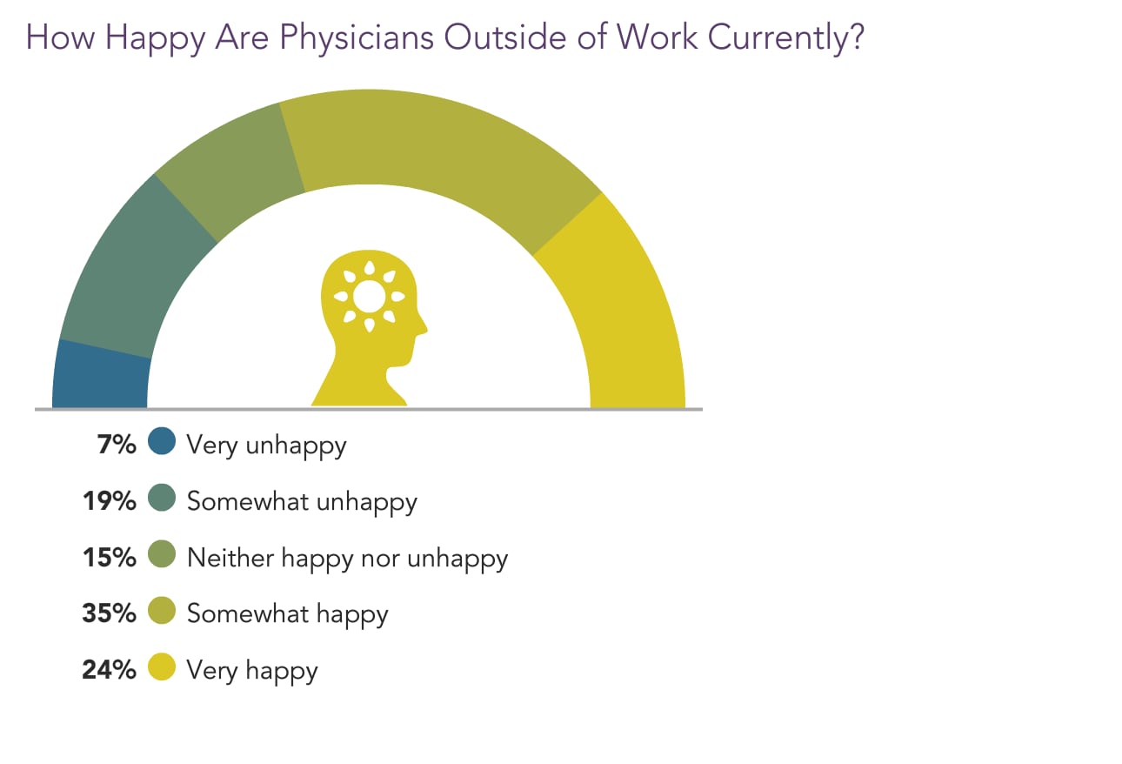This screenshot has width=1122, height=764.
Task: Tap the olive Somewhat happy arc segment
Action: (x=435, y=148)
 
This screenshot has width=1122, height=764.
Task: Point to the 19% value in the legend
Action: (x=109, y=501)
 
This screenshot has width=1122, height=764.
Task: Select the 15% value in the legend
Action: (x=109, y=557)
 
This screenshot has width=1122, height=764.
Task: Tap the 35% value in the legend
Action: (x=109, y=613)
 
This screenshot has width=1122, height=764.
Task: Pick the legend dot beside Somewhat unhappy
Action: (x=162, y=499)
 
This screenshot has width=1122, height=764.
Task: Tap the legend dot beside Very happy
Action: (x=162, y=667)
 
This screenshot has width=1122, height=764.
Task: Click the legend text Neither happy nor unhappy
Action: (x=347, y=558)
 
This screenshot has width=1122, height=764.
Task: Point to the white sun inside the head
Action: (x=370, y=297)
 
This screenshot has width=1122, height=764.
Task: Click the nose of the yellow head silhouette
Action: (x=424, y=327)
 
